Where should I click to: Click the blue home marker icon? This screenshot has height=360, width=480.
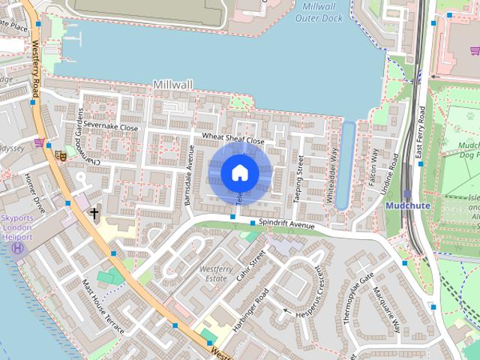coord(239,172)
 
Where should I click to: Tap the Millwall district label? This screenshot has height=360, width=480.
coord(174,85)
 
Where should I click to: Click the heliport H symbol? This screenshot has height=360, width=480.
coord(19,248)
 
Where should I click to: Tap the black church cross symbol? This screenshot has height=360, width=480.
coord(94,214)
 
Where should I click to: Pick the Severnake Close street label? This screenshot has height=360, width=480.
coord(111,127)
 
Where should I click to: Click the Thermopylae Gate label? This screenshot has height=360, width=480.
coord(357,298)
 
